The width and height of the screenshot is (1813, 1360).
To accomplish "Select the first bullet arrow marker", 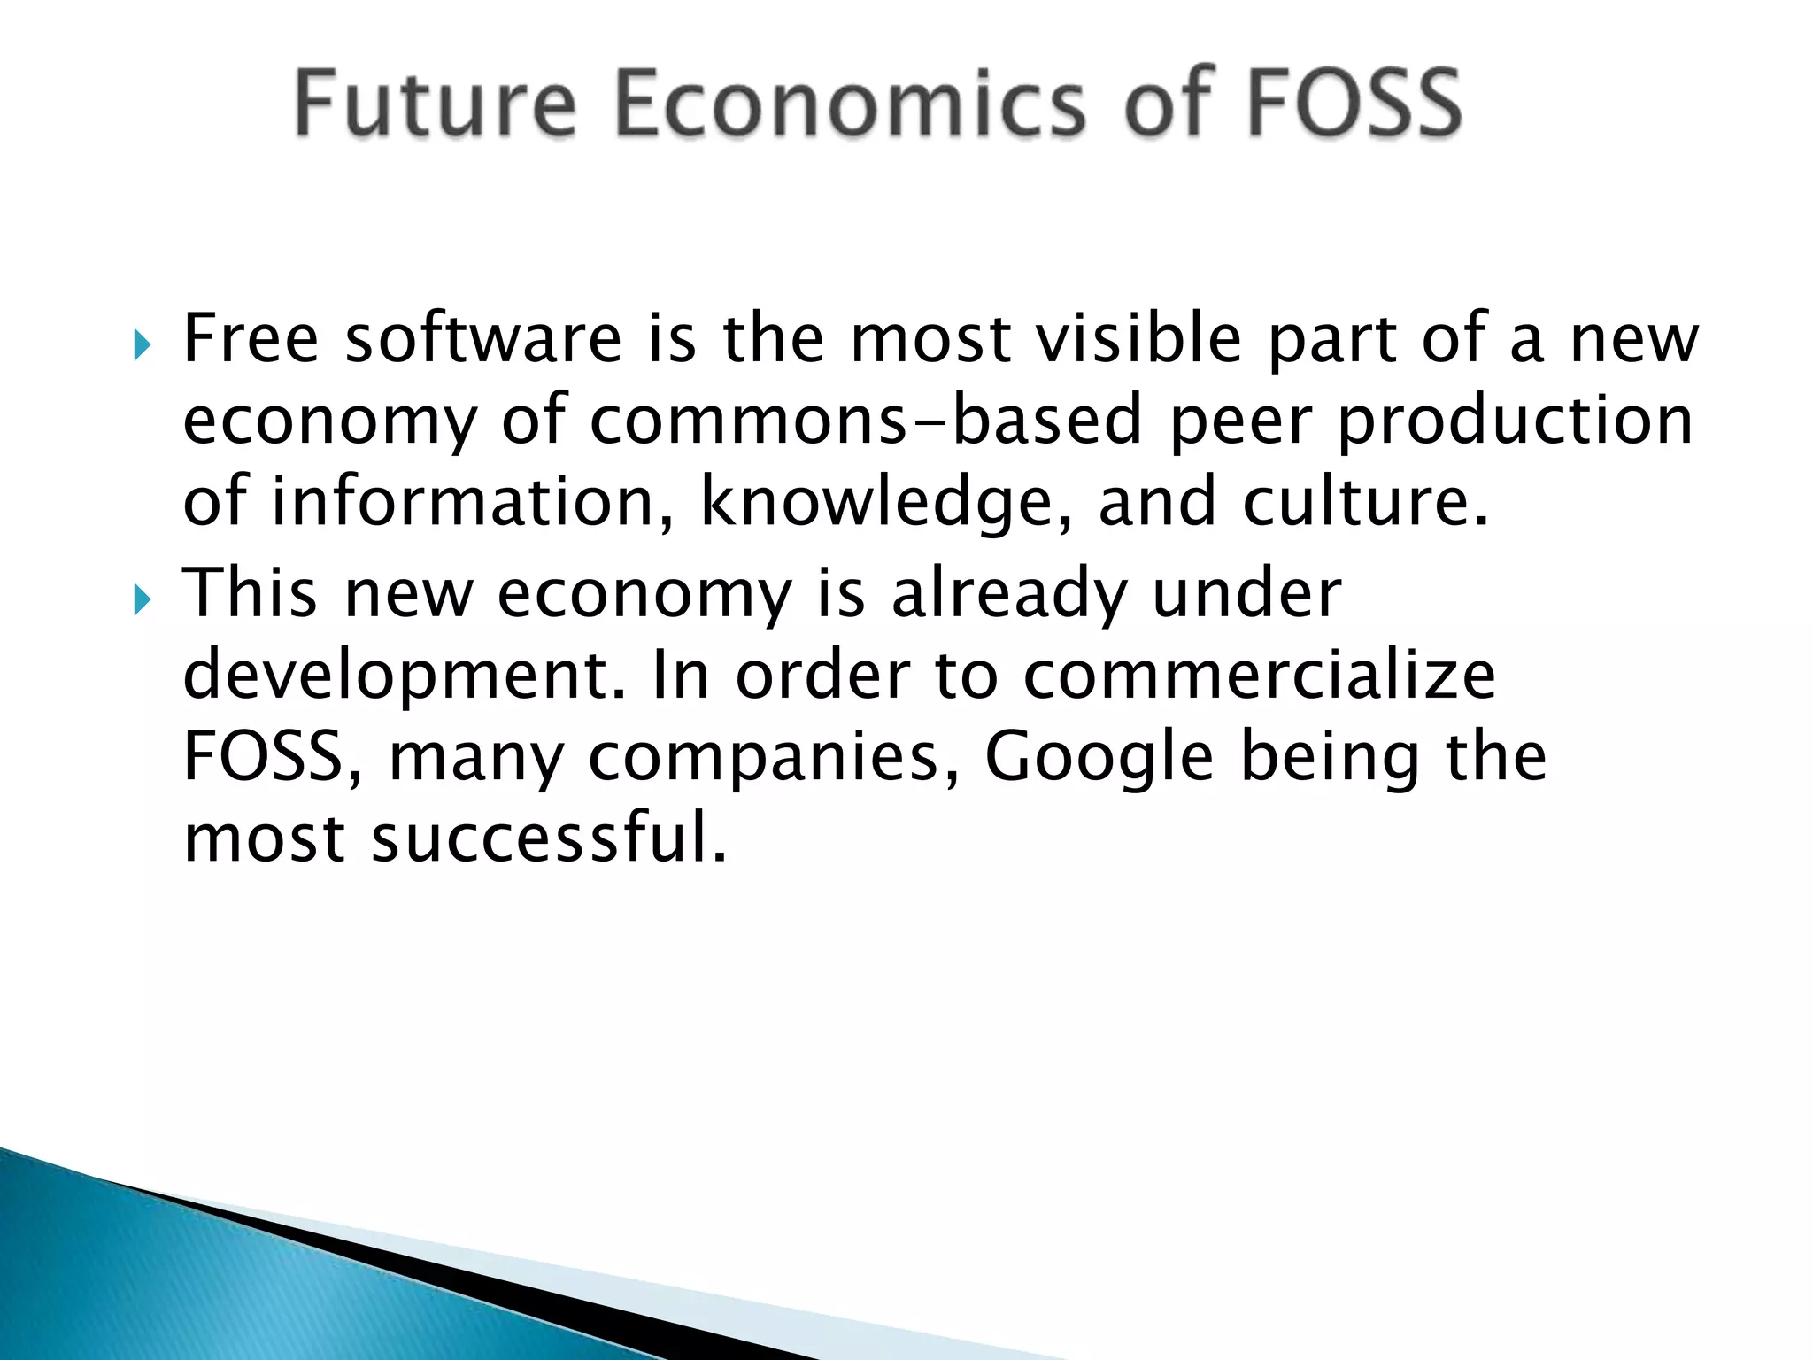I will tap(143, 345).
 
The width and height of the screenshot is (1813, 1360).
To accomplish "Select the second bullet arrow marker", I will tap(143, 600).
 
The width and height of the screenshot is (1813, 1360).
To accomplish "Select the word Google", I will tap(1099, 757).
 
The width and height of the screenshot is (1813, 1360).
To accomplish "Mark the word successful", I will tap(549, 838).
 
